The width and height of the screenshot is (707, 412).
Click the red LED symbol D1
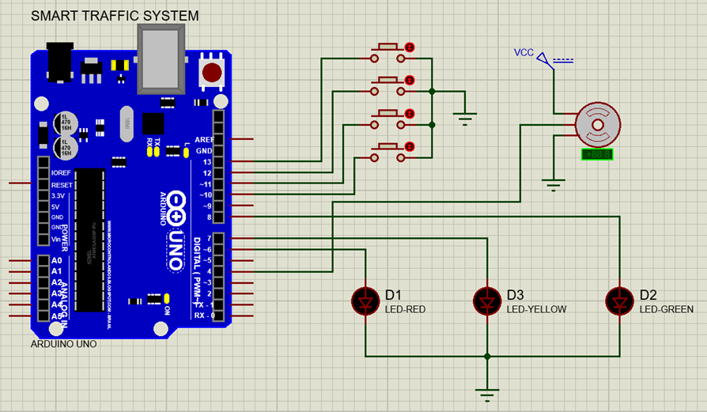pos(365,300)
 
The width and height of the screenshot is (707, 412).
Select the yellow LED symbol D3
pos(486,300)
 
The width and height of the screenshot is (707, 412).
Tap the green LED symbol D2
pos(619,300)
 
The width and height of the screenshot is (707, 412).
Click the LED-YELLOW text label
pos(536,310)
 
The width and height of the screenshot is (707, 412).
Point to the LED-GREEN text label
pos(667,310)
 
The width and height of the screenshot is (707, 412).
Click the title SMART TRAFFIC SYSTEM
pos(115,16)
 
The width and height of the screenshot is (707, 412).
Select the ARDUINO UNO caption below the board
pos(63,344)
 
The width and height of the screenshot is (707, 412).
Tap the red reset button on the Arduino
pos(212,73)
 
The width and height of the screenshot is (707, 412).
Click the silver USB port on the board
pos(161,57)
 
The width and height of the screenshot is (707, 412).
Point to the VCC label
pos(524,53)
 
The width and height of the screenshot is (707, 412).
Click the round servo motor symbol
pos(596,126)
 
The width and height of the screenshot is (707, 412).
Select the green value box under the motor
pos(597,155)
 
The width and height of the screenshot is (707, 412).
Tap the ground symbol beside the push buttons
pos(465,118)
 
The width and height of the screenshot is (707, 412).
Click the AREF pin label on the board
pos(204,139)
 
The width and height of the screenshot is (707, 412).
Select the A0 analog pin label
pos(56,261)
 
